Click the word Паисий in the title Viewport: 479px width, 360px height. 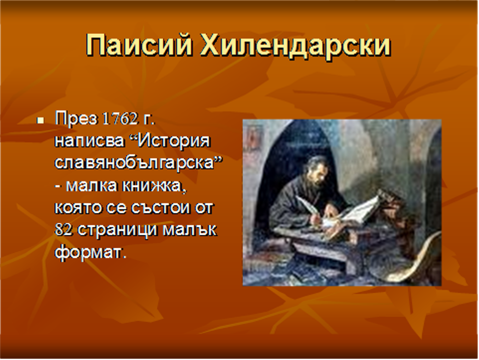click(x=139, y=45)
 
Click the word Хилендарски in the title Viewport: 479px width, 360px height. click(x=295, y=45)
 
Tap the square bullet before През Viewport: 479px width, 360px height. click(x=40, y=120)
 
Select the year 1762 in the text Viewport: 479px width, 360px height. click(x=120, y=118)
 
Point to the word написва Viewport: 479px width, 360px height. click(x=90, y=141)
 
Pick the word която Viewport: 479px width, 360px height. click(x=78, y=208)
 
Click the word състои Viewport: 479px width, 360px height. click(x=160, y=208)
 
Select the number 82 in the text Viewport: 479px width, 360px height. click(x=64, y=230)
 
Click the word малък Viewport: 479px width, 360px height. click(x=189, y=230)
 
